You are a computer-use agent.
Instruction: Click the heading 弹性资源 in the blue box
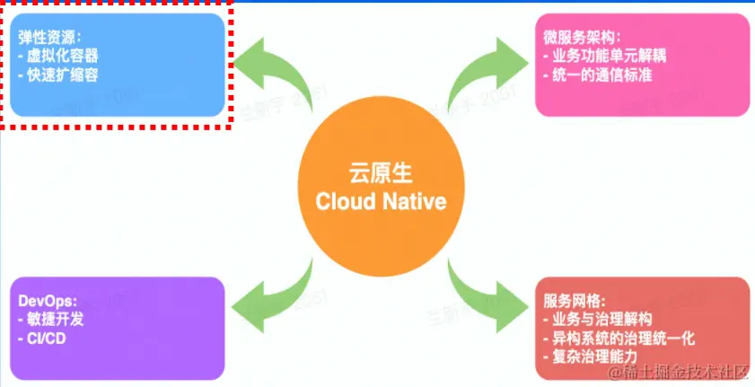[48, 38]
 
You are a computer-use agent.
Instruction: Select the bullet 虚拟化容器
[61, 57]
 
